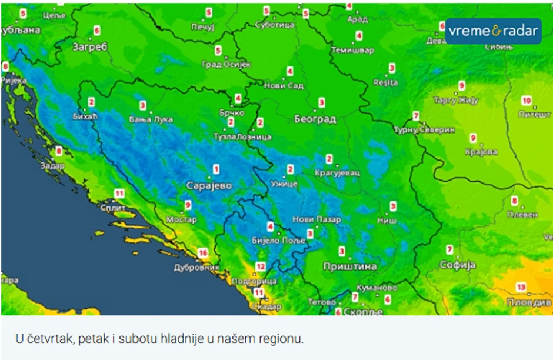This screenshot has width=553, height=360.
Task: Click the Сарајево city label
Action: [209, 186]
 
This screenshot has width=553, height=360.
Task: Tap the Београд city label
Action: [315, 119]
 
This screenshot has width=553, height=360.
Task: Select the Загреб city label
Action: [90, 47]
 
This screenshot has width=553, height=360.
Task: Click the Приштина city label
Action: [349, 266]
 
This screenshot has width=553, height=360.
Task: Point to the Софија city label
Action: [457, 265]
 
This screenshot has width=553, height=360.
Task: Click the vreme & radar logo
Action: [492, 31]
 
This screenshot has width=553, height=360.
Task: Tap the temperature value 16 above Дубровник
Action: [203, 253]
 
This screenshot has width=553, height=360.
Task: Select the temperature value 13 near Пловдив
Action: [521, 287]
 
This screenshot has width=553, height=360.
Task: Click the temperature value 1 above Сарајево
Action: [216, 169]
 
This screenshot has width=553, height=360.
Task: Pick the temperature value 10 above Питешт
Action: [527, 101]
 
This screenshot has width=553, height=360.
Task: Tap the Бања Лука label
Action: [151, 119]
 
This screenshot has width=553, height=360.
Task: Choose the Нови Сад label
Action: [284, 86]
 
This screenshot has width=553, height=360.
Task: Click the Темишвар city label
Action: [352, 51]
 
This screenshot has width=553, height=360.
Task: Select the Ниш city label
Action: [386, 220]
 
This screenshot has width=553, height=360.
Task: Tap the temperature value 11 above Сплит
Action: [119, 193]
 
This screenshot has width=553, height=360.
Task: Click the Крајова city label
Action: [481, 152]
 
